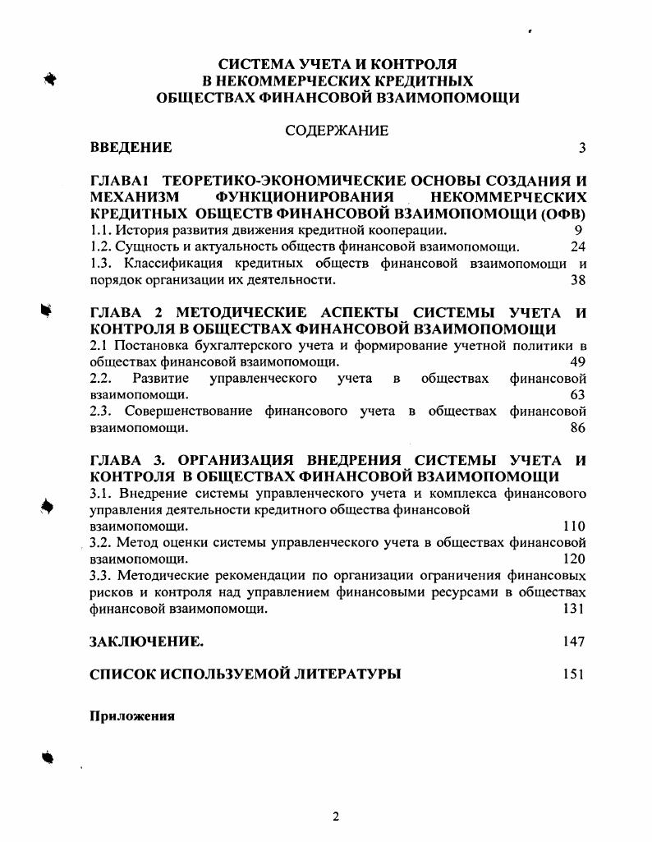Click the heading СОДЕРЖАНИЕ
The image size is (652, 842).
click(x=337, y=131)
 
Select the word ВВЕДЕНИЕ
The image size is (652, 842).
click(x=131, y=148)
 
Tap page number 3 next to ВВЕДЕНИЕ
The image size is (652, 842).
click(x=581, y=148)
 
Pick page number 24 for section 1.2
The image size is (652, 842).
click(x=578, y=246)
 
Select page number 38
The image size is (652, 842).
click(x=578, y=279)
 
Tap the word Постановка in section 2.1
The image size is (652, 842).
click(x=151, y=345)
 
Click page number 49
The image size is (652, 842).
click(x=578, y=361)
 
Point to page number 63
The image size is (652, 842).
click(x=578, y=394)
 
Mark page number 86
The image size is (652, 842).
click(x=578, y=427)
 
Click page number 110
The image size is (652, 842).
click(x=574, y=526)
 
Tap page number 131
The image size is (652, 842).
click(x=574, y=608)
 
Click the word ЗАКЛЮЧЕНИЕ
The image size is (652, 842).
click(x=146, y=642)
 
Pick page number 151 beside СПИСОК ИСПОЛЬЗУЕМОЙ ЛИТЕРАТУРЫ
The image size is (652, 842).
click(x=574, y=674)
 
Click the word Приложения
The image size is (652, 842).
click(x=133, y=715)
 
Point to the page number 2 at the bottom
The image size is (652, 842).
click(x=335, y=816)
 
